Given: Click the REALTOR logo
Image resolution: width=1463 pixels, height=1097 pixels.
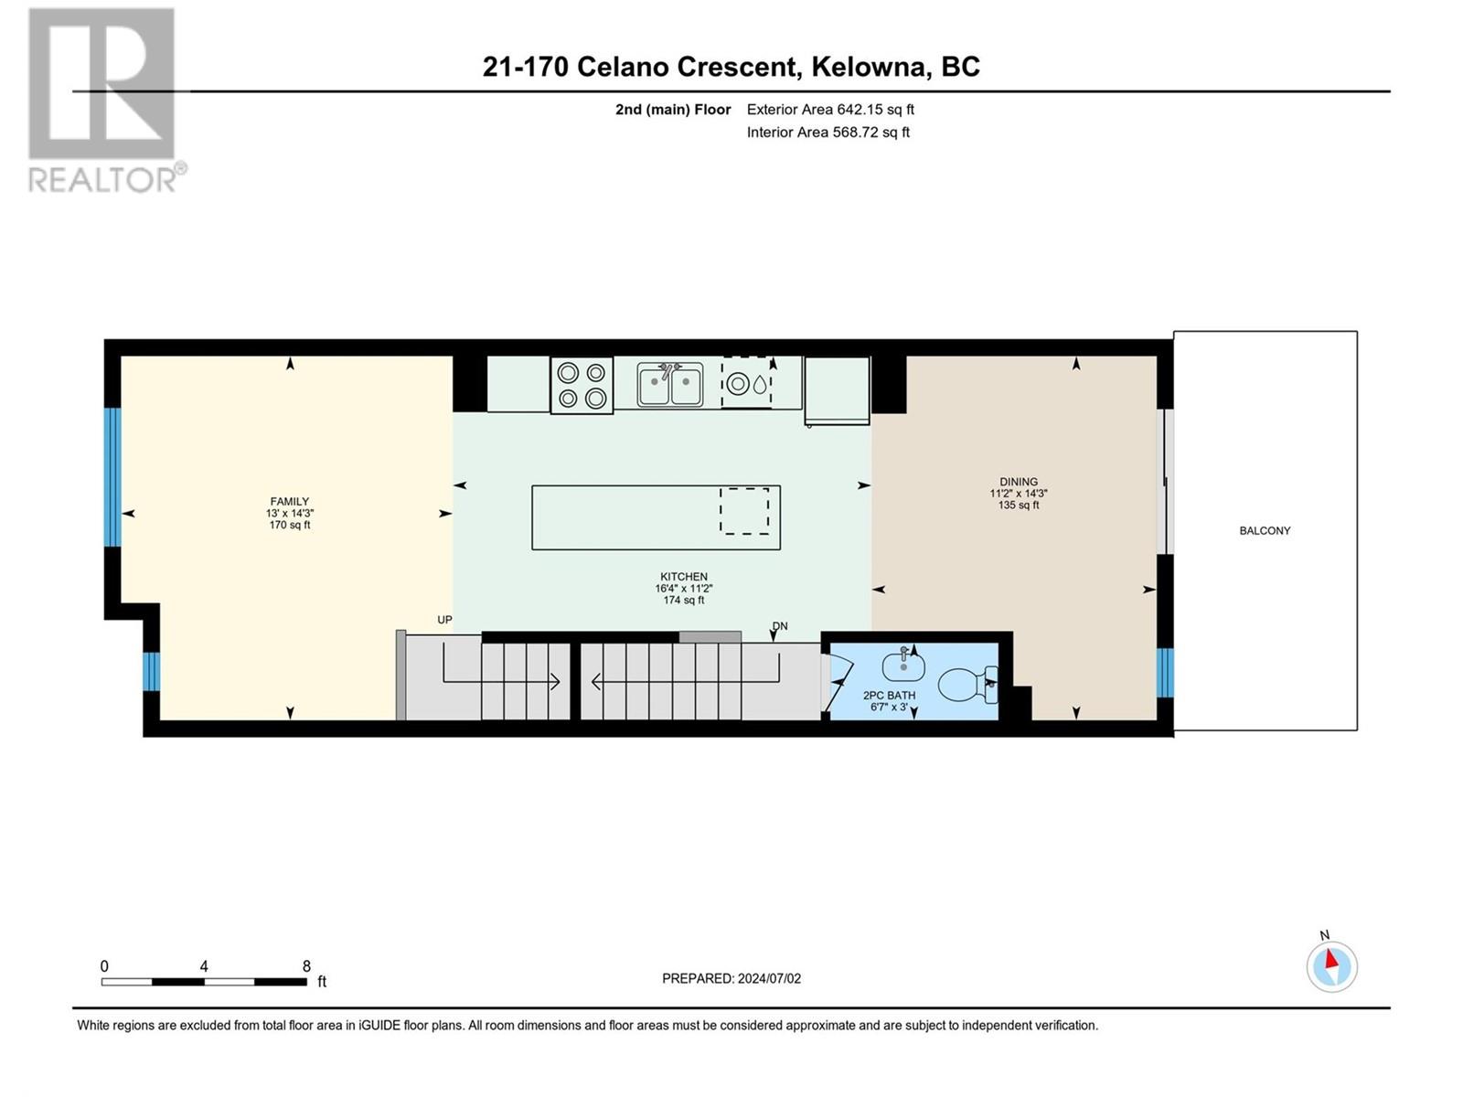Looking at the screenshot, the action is coord(105,100).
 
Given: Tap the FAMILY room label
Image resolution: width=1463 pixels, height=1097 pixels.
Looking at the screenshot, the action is coord(289,502).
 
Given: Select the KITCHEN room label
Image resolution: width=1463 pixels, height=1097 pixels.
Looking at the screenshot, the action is coord(683,577).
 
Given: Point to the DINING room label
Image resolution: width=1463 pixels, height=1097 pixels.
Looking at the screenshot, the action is coord(1018,482).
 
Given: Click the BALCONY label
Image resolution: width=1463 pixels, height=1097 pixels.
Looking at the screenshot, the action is coord(1265,531).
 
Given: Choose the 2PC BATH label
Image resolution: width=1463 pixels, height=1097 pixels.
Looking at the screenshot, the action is coord(889,696).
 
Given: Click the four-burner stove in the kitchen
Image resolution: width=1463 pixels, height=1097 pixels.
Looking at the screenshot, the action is coord(582,385).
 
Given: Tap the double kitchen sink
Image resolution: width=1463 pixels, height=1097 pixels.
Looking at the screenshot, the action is coord(669,384).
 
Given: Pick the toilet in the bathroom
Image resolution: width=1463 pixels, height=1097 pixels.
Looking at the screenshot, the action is coord(967,684).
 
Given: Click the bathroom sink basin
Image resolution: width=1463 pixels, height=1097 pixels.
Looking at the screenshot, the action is coord(903,666).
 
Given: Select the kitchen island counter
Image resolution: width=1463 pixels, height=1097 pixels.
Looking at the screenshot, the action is coord(656,517).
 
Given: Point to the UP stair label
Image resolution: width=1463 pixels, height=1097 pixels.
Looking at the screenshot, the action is coord(444,620).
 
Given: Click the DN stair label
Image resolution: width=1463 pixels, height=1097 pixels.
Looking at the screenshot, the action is coord(779,626).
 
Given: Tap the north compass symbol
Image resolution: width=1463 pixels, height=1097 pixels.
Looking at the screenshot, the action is coord(1331,965).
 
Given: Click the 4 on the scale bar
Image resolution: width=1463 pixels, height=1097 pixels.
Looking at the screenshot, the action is coord(204,965).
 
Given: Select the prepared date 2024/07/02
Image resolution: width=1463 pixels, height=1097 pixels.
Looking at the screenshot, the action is coord(768,978).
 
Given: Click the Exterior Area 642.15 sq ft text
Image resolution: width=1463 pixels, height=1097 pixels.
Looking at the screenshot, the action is coord(830,109).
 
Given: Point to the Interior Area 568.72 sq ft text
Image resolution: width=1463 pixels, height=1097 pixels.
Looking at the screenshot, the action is coord(828,132).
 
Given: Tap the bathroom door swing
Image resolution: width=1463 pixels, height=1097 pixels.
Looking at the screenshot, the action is coord(838,682).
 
